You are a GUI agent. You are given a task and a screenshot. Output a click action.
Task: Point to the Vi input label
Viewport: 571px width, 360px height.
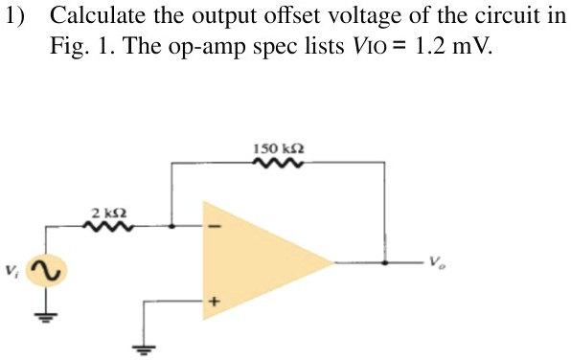pos(14,271)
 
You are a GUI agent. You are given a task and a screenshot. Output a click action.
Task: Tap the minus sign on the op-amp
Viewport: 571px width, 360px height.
pos(216,228)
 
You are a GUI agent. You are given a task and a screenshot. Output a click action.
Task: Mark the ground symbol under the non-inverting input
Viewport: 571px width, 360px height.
pos(146,348)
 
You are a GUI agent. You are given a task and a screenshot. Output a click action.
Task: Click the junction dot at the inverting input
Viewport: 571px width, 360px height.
pos(171,228)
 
